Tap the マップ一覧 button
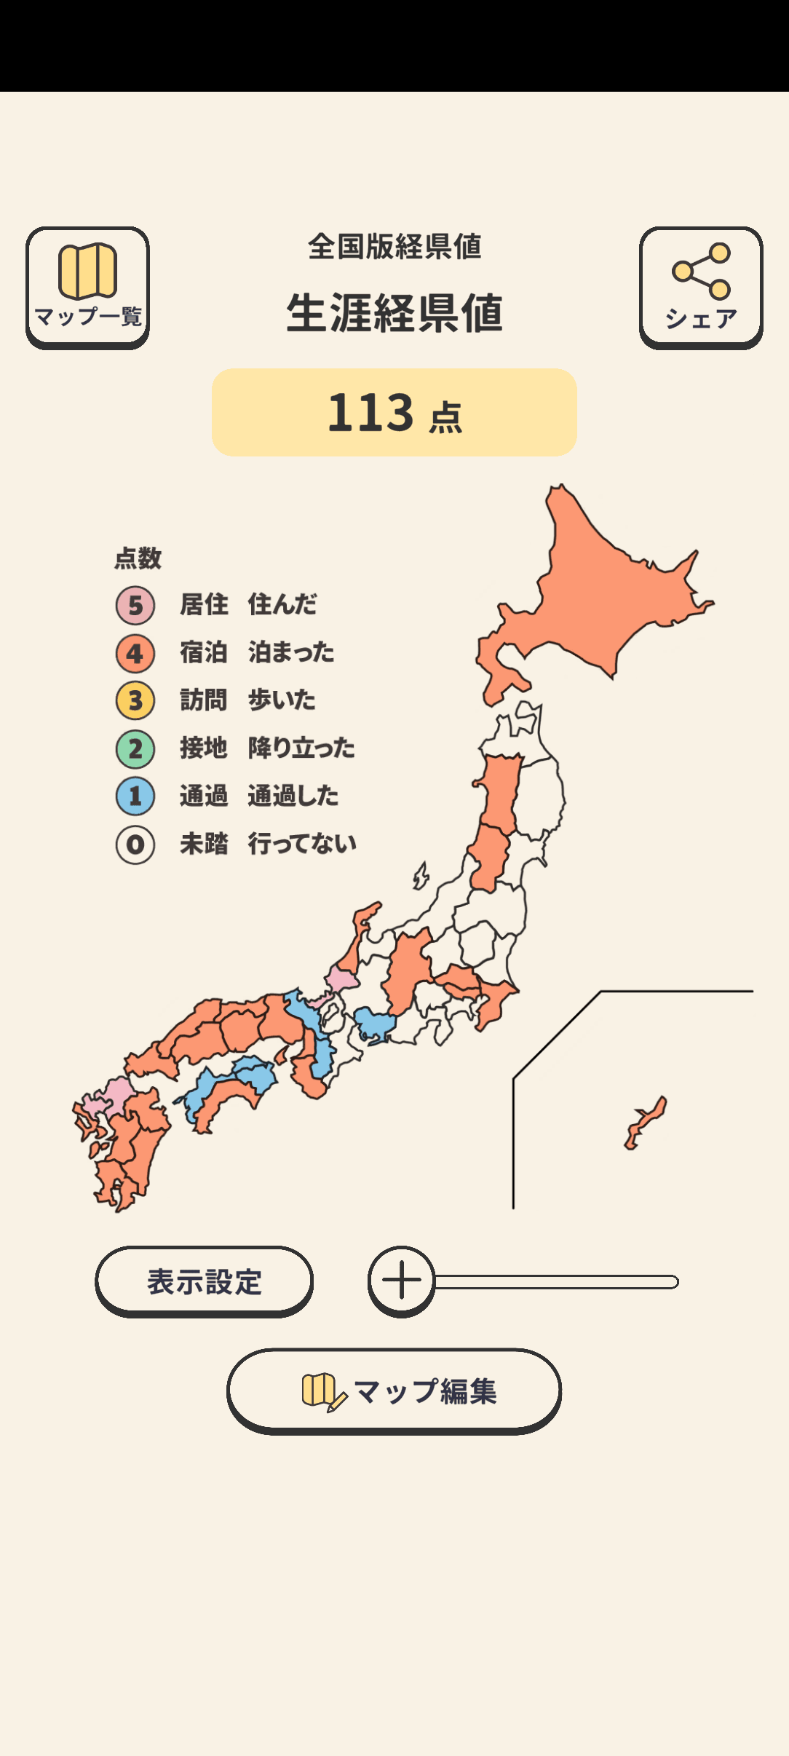pos(87,287)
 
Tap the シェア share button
pos(701,287)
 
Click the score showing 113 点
pos(394,413)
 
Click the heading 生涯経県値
pos(394,313)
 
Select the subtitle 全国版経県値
pos(394,247)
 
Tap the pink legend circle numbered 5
pos(135,605)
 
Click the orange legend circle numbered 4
pos(135,653)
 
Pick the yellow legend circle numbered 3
pos(135,700)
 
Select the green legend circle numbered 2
pos(135,748)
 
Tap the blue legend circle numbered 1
pos(135,796)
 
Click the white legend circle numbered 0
pos(135,845)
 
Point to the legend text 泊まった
pos(291,652)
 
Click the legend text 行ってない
pos(302,844)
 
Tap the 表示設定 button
pos(204,1281)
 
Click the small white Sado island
pos(421,876)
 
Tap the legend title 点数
pos(138,558)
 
